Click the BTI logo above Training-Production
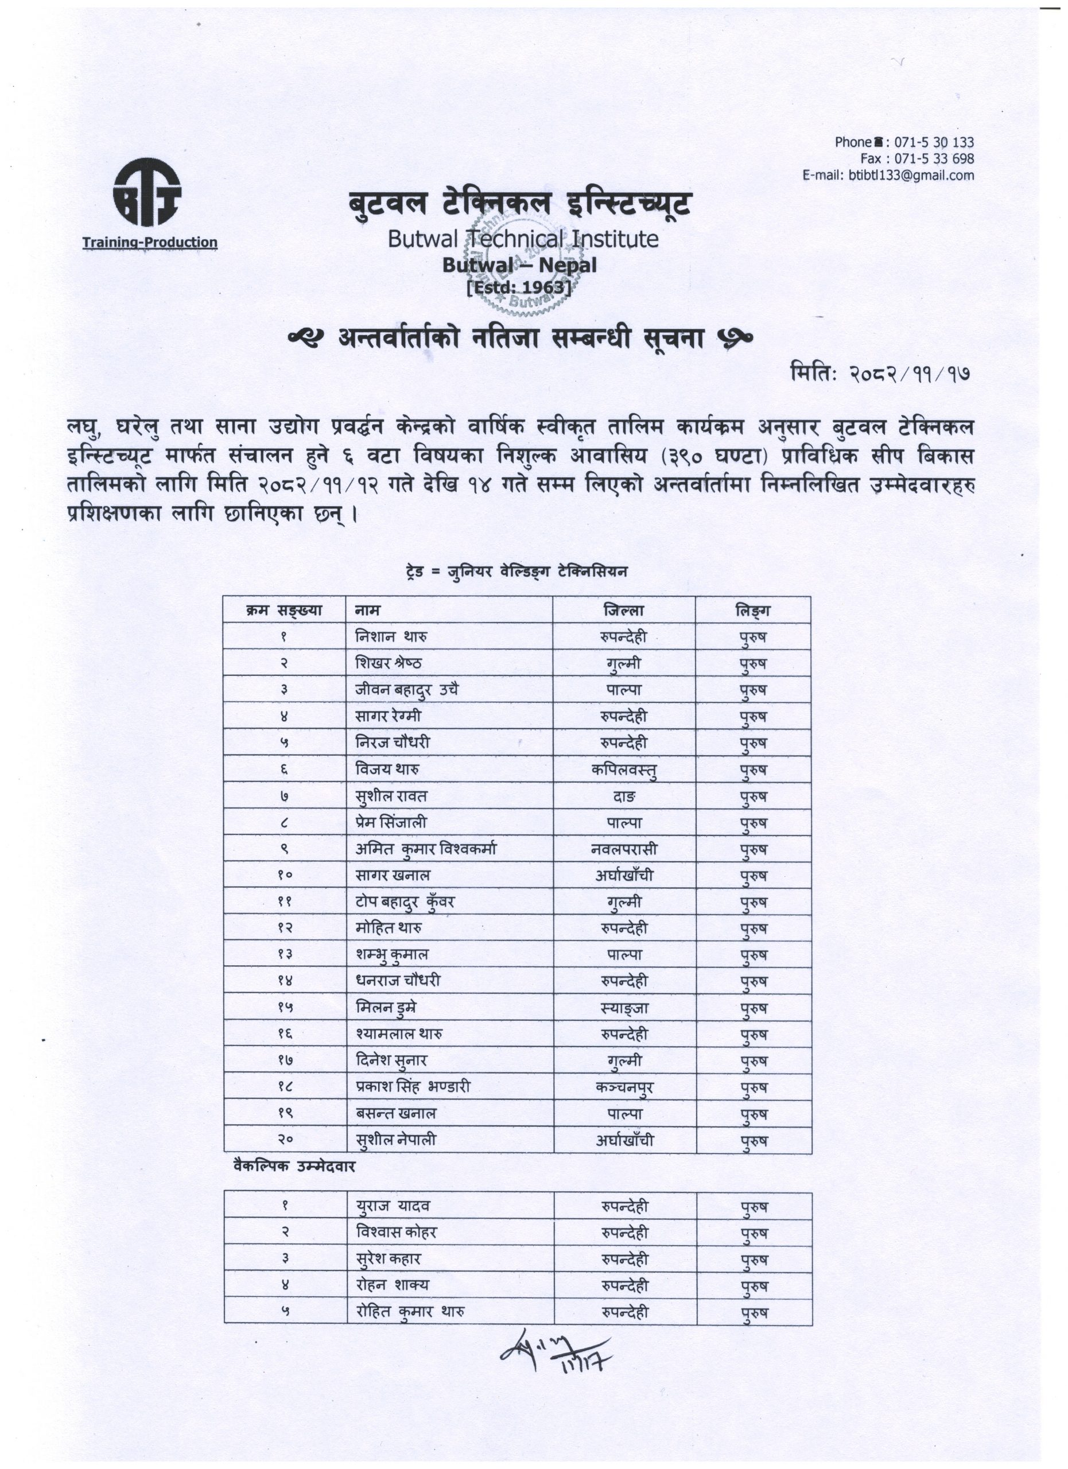[x=147, y=195]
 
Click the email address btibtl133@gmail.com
[x=911, y=175]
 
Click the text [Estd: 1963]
[x=519, y=286]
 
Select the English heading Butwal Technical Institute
[x=523, y=239]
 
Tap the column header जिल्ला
[x=623, y=610]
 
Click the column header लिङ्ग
[x=752, y=610]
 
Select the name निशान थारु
[x=391, y=637]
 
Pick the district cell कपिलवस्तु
[x=624, y=770]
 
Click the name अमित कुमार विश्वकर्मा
[x=425, y=849]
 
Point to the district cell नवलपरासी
[x=624, y=849]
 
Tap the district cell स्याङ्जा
[x=624, y=1008]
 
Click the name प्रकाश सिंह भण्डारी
[x=413, y=1087]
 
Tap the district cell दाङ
[x=624, y=796]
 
